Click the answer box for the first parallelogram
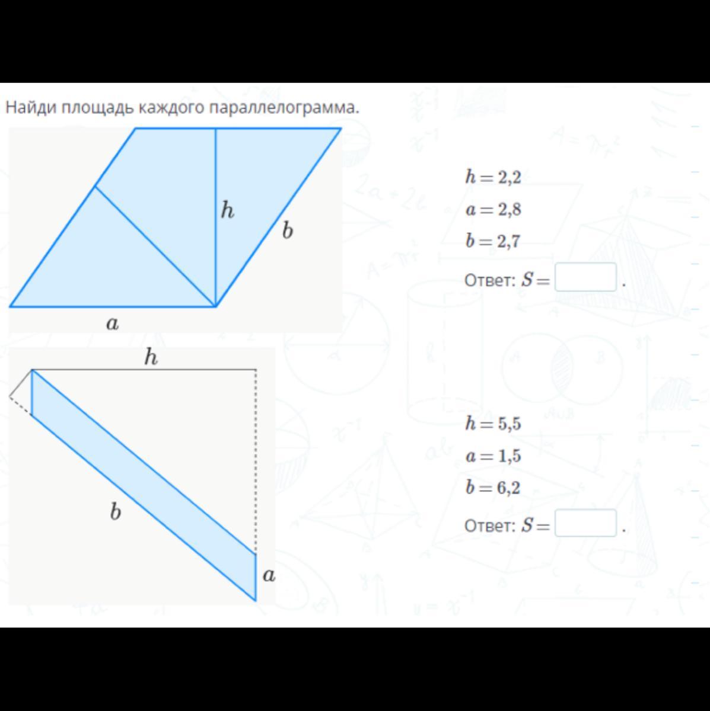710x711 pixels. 585,277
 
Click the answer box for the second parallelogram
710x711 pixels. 585,523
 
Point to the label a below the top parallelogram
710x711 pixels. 113,324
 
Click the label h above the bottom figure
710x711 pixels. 151,357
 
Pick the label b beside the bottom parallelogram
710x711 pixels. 115,511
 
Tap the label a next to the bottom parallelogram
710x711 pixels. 269,575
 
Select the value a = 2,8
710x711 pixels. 493,209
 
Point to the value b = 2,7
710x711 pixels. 493,241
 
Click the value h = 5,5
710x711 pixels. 493,423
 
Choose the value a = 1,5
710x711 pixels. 493,456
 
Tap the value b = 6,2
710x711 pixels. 493,488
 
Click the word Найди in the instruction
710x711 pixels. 31,107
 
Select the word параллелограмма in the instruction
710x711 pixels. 284,108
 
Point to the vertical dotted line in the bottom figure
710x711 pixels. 256,461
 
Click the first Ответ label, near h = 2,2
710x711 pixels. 490,280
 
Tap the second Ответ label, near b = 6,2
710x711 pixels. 490,526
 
